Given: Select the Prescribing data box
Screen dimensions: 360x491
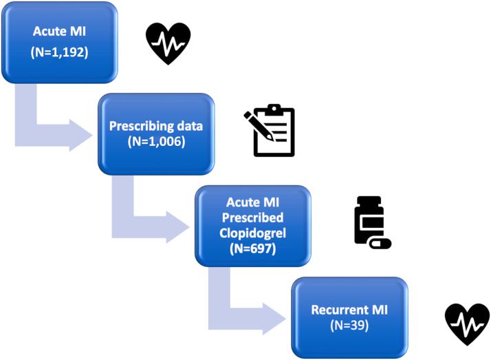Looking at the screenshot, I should [x=156, y=134].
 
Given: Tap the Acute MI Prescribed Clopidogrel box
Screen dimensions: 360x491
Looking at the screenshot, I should [x=252, y=225].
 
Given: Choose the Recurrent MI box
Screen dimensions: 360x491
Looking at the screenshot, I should [x=350, y=317].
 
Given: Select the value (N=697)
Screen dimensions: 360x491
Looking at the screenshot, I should [x=253, y=248].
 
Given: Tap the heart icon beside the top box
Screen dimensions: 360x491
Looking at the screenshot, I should [x=168, y=43].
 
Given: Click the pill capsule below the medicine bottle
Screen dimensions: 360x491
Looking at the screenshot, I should [x=380, y=243].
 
